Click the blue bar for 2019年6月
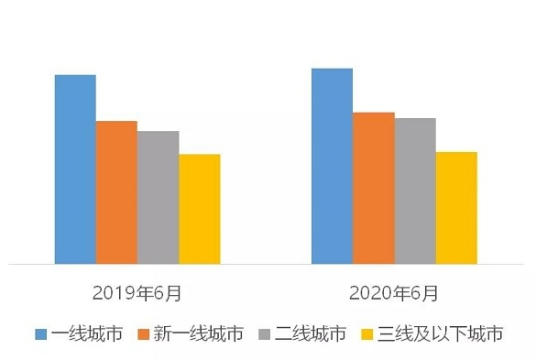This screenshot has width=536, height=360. (x=75, y=169)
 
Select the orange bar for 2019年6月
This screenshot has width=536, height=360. (x=116, y=192)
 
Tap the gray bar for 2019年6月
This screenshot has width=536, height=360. (x=158, y=197)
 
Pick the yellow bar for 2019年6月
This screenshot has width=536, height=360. (x=199, y=209)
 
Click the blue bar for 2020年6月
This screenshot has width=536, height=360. (x=332, y=166)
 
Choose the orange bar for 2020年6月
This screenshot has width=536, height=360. (x=373, y=188)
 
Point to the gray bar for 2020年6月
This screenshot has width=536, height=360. (x=414, y=191)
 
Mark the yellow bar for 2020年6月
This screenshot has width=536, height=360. (x=456, y=208)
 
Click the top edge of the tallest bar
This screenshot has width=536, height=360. (x=332, y=69)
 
